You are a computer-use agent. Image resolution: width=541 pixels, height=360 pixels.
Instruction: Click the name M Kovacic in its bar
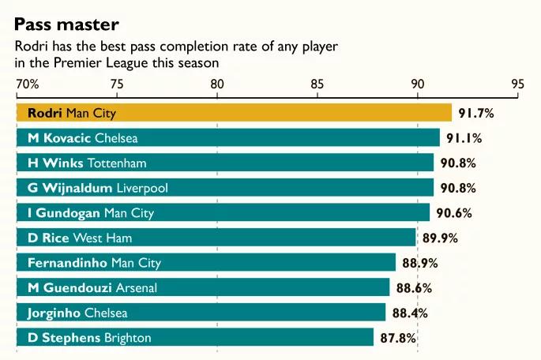pos(60,138)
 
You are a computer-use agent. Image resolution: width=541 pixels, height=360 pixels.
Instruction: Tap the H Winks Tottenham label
pos(87,163)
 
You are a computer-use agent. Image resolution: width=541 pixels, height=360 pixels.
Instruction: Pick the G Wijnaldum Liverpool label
pos(97,188)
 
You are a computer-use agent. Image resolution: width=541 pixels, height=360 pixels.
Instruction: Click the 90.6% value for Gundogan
pos(453,213)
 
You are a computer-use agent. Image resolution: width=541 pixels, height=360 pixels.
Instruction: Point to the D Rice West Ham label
pos(80,238)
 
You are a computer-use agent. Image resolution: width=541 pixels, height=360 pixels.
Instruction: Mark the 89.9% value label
pos(440,238)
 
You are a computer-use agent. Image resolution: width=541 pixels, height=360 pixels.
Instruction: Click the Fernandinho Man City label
pos(94,263)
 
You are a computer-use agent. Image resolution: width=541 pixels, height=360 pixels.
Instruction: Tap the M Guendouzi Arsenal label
pos(92,288)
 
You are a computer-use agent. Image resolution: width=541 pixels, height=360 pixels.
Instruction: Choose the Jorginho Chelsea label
pos(77,313)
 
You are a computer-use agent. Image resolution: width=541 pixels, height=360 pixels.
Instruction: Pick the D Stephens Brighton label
pos(89,338)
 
